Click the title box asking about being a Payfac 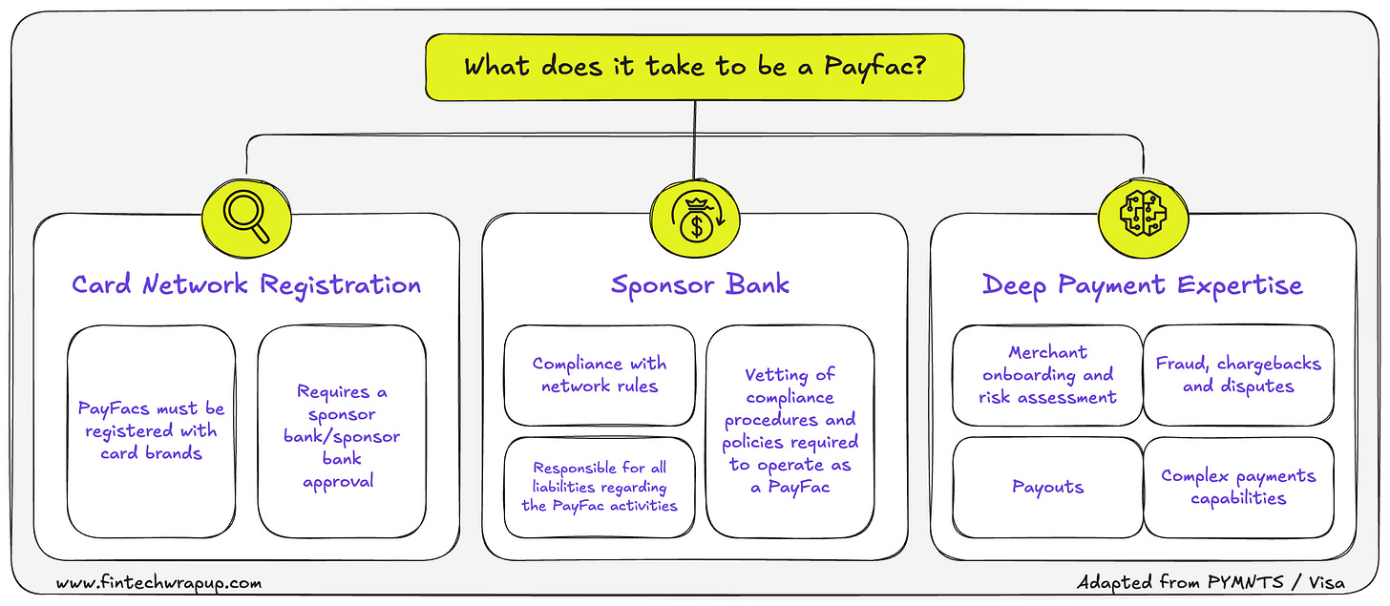coord(694,67)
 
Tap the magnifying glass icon coord(245,216)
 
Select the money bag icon coord(694,216)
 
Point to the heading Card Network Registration coord(246,284)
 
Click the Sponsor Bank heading coord(700,284)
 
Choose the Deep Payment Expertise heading coord(1142,284)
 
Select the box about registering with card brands coord(152,430)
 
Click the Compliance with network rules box coord(600,375)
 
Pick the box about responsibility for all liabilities coord(600,487)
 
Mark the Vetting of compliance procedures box coord(790,430)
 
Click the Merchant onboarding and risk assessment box coord(1047,375)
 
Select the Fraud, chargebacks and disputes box coord(1238,375)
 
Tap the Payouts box coord(1047,487)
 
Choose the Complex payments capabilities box coord(1238,487)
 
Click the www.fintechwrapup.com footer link coord(158,582)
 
